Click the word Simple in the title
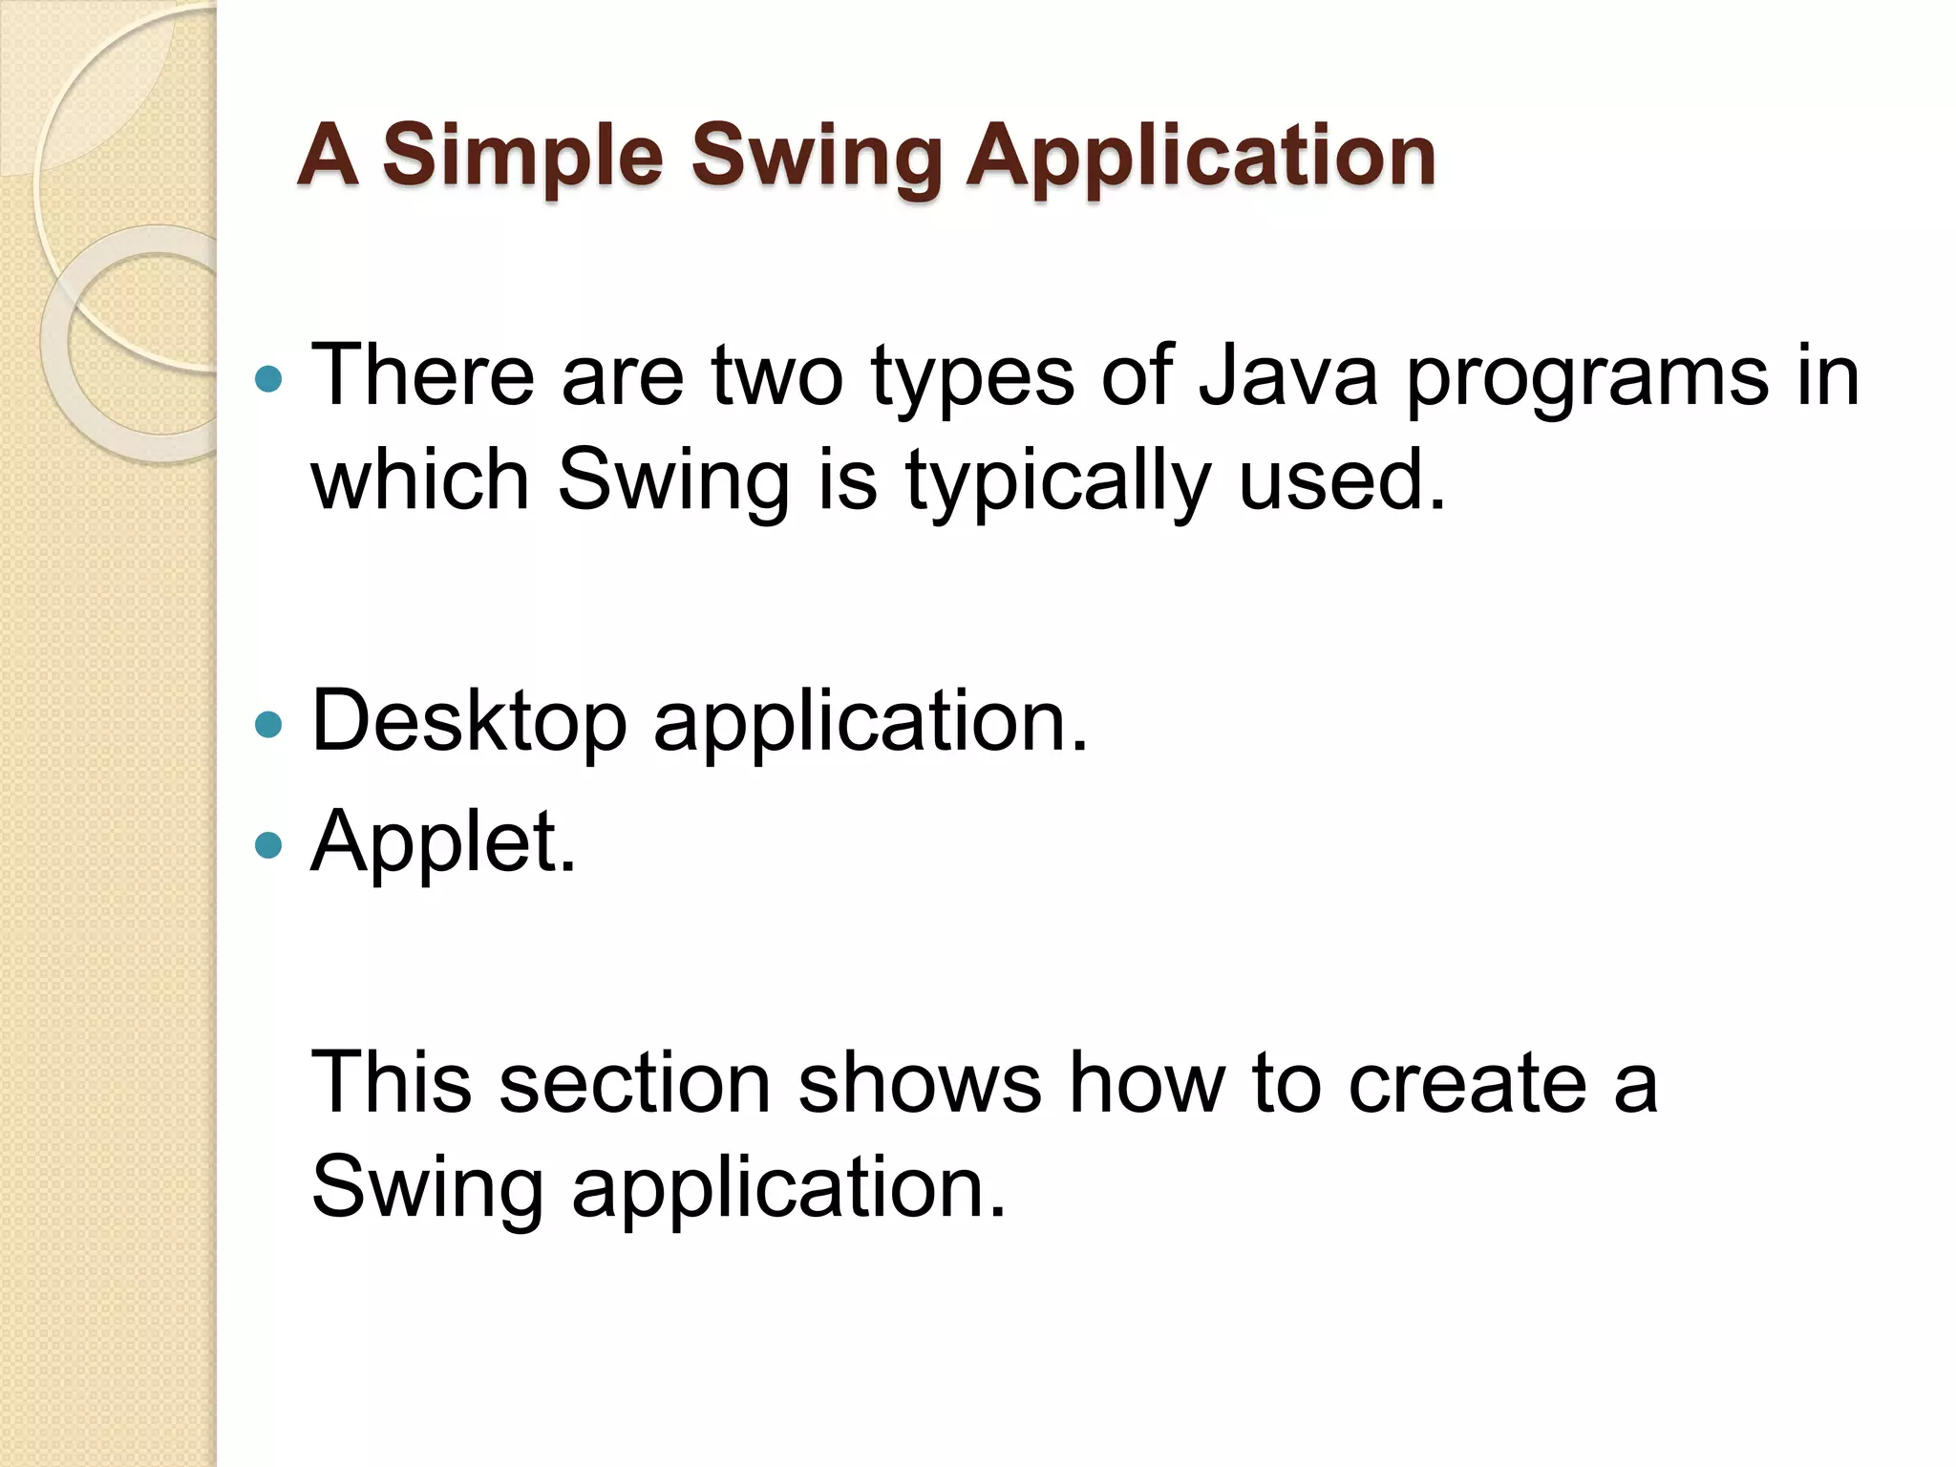(522, 157)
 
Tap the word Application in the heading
(1201, 157)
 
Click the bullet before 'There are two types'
(270, 380)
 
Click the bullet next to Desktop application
(270, 725)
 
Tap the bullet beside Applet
(270, 845)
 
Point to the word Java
(1288, 376)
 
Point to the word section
(634, 1083)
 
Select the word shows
(919, 1083)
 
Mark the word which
(420, 479)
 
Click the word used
(1342, 479)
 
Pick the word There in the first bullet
(422, 376)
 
